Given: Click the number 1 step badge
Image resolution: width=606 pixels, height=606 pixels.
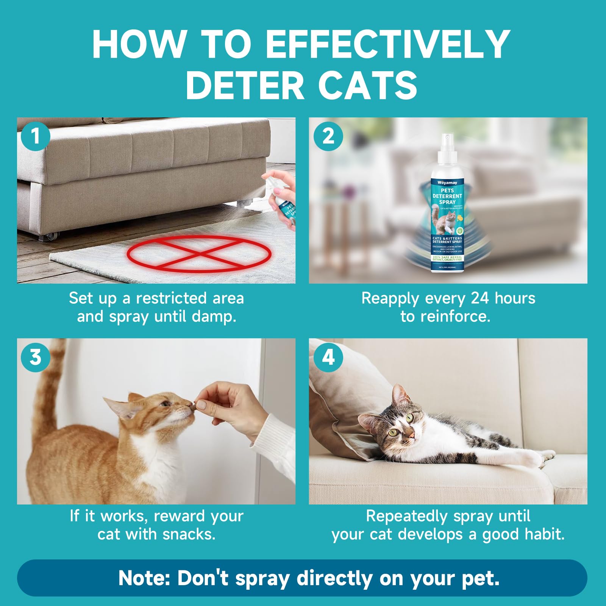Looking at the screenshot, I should (x=35, y=136).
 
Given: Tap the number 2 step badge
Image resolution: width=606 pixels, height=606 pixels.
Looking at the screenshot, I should (x=328, y=136).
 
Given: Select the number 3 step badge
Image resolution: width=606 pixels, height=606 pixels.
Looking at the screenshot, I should (x=35, y=357).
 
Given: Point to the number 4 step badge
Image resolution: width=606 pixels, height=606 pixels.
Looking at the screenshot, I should (x=328, y=357).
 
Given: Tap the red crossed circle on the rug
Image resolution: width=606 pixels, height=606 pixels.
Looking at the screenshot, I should (x=199, y=253).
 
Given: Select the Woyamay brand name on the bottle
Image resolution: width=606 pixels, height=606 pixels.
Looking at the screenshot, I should (x=447, y=183).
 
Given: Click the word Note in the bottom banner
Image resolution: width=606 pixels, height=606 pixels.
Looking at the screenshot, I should (x=144, y=578).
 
